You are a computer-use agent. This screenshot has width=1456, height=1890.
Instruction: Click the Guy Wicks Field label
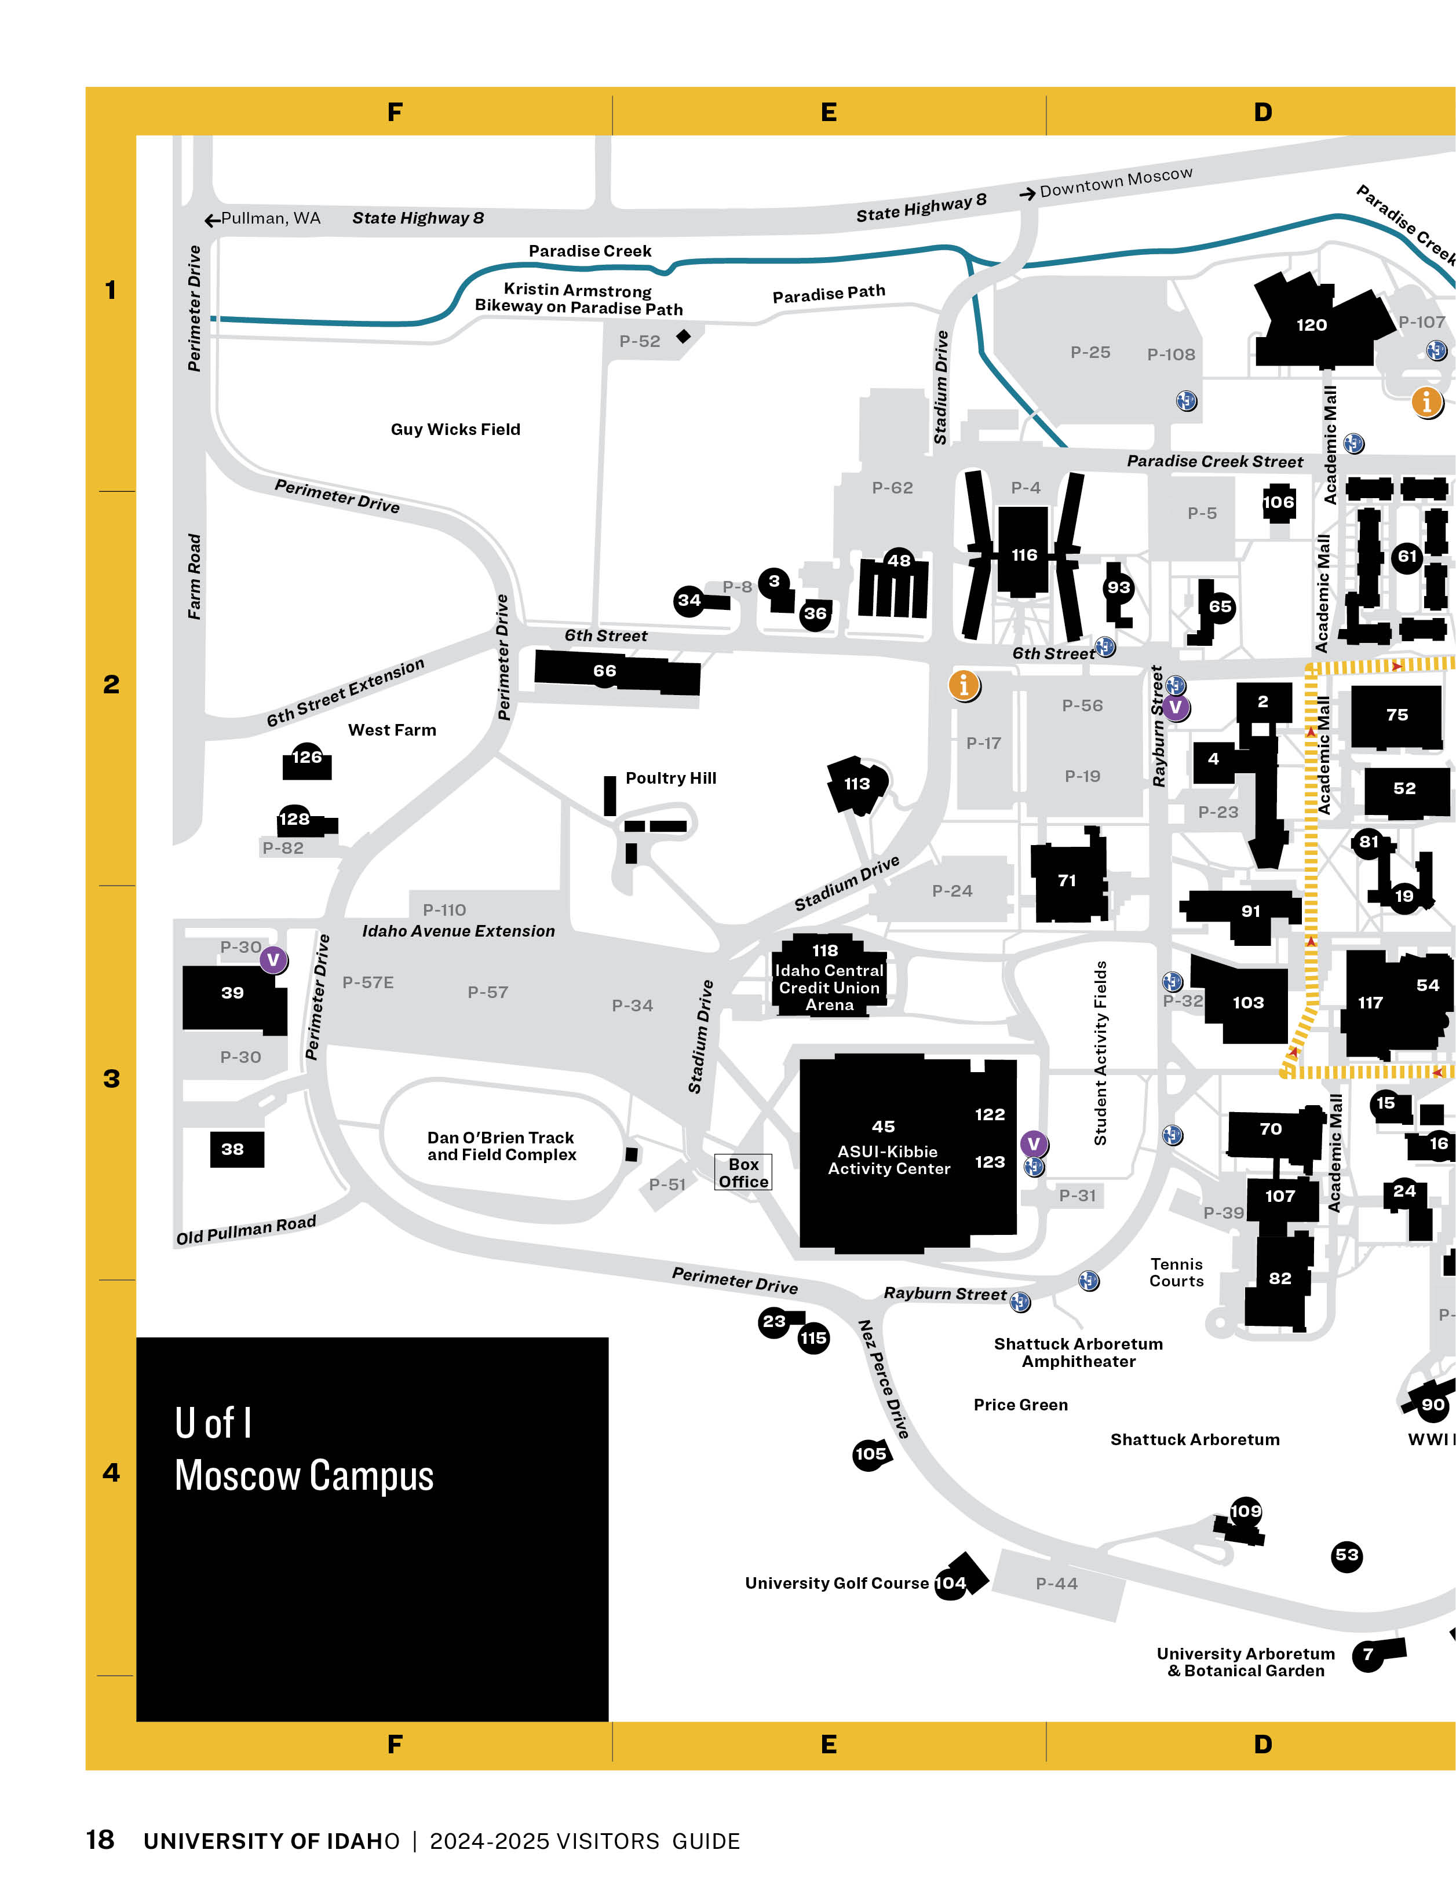(x=455, y=429)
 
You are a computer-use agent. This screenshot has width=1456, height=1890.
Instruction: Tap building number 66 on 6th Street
(x=604, y=671)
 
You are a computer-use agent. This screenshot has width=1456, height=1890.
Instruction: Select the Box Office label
(x=743, y=1172)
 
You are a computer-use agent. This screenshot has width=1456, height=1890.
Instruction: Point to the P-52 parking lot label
(x=640, y=341)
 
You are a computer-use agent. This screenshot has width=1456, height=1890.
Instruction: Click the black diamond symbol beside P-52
(x=684, y=336)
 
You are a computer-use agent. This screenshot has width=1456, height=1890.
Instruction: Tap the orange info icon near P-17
(x=964, y=685)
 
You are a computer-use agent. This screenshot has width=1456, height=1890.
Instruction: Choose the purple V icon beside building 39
(x=273, y=960)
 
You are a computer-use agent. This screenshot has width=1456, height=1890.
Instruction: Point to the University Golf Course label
(x=836, y=1583)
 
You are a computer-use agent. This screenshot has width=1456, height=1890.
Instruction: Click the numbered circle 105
(x=870, y=1454)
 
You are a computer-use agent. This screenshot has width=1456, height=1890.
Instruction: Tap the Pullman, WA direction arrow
(x=212, y=220)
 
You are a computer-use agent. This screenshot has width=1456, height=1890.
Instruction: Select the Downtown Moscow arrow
(x=1027, y=194)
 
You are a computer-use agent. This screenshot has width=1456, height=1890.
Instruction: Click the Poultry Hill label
(x=671, y=778)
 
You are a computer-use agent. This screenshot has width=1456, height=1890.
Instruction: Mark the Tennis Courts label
(x=1176, y=1272)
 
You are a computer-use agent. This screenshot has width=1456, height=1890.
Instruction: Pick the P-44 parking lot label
(x=1057, y=1584)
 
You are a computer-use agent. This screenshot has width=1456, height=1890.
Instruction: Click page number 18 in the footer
(x=100, y=1840)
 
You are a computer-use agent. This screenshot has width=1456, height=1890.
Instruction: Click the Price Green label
(x=1020, y=1405)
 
